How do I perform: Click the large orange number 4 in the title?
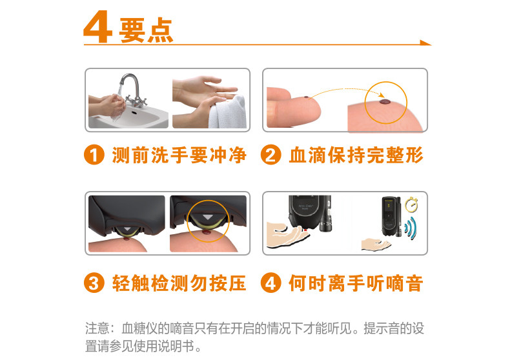[98, 26]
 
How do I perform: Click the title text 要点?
[146, 30]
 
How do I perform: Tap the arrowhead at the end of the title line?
[425, 43]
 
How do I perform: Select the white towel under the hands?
[228, 113]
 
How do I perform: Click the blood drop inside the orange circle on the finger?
[385, 102]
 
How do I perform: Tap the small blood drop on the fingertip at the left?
[306, 97]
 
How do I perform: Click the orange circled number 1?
[94, 155]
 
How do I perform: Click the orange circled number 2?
[271, 155]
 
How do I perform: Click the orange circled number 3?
[94, 283]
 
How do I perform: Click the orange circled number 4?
[271, 283]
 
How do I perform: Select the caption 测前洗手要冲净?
[179, 155]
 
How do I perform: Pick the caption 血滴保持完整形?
[356, 155]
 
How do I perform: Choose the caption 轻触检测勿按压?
[179, 283]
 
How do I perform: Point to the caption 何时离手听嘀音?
[356, 283]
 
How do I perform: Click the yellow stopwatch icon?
[411, 205]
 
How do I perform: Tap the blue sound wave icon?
[411, 228]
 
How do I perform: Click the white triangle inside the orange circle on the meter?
[207, 217]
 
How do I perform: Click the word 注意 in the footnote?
[97, 328]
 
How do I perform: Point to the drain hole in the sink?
[134, 114]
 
